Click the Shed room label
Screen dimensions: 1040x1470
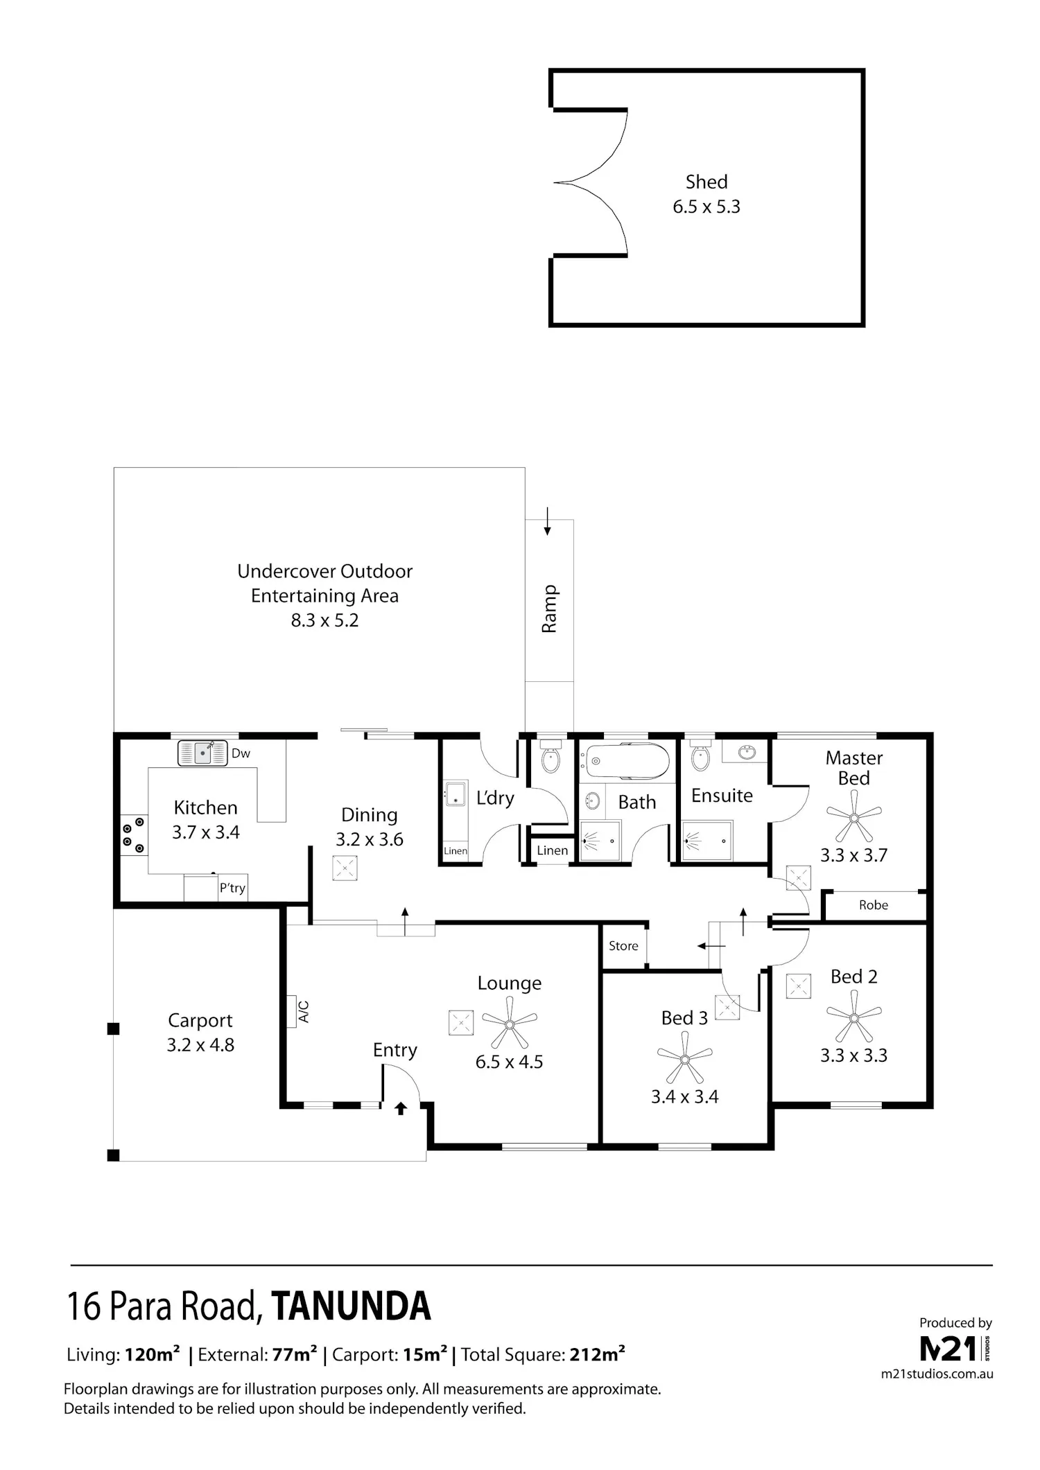[707, 182]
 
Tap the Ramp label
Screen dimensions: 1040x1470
[549, 609]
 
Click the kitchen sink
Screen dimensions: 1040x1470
[202, 753]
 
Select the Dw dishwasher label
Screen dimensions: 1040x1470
[241, 753]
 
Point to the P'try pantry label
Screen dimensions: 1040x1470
[232, 888]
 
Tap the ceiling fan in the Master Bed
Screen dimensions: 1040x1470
[854, 818]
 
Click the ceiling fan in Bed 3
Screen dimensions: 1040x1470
[685, 1059]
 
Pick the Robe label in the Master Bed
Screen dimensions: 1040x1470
[874, 904]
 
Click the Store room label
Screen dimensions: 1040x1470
[623, 945]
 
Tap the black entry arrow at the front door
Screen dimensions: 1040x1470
[401, 1108]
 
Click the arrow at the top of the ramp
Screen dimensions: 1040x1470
[547, 521]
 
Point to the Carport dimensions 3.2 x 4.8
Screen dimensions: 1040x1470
[200, 1044]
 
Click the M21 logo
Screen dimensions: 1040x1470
[951, 1349]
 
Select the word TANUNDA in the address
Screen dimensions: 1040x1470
[352, 1306]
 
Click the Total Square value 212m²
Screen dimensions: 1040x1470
[598, 1354]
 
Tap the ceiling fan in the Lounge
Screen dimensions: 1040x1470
[510, 1024]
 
